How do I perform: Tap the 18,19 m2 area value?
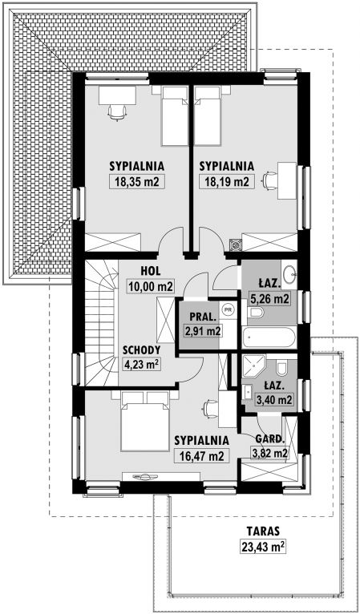pos(224,181)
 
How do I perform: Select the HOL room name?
pos(151,270)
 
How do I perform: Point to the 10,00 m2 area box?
pos(151,286)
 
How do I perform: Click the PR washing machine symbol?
pos(228,309)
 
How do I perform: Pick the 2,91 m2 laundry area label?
pos(202,331)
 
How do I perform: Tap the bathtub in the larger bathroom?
pos(269,337)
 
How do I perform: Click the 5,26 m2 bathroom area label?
pos(270,300)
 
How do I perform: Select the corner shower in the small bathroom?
pos(253,366)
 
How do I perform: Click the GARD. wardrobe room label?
pos(269,439)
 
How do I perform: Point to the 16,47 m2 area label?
pos(201,456)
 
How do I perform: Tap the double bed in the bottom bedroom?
pos(144,421)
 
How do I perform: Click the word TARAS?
pos(263,531)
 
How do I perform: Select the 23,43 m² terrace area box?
pos(262,547)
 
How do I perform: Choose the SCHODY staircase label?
pos(141,350)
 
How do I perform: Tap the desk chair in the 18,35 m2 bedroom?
pos(117,113)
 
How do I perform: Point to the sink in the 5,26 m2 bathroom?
pos(290,273)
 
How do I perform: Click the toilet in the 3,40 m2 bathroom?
pos(281,368)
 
